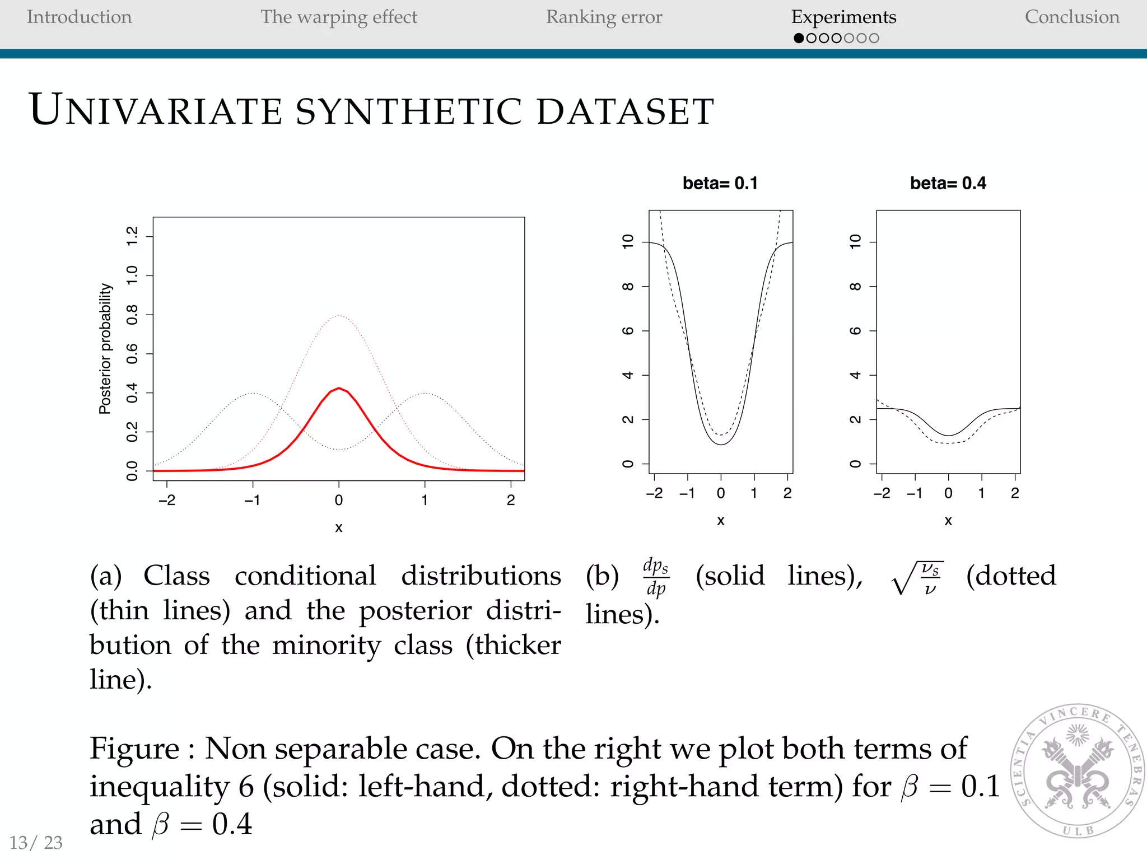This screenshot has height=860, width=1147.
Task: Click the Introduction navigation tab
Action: (x=79, y=17)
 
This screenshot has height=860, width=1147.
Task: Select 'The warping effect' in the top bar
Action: (x=339, y=17)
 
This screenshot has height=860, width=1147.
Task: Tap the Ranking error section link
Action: (x=604, y=17)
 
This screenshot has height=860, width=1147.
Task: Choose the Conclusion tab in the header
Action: (x=1072, y=17)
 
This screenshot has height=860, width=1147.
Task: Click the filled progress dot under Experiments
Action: (x=799, y=38)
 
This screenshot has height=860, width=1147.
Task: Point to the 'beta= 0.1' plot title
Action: (x=720, y=183)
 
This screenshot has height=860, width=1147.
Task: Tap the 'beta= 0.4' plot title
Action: (x=948, y=183)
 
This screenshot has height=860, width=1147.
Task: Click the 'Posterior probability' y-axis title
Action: (x=105, y=348)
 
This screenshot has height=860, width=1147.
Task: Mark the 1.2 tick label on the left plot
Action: (x=132, y=236)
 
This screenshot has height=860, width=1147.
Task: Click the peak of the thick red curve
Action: (x=339, y=387)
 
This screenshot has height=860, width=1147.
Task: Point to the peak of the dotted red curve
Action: (x=339, y=316)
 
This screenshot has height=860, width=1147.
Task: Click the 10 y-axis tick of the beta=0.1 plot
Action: (x=628, y=241)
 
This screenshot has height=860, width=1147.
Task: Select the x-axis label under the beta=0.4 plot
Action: (x=948, y=521)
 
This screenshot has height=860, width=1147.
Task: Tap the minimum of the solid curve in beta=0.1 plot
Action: (x=721, y=444)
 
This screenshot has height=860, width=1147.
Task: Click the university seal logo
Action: (x=1078, y=770)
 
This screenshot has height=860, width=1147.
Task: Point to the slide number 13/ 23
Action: (x=36, y=842)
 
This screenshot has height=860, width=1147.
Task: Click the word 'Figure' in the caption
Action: (x=134, y=749)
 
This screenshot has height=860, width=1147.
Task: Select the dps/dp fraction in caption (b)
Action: (x=656, y=577)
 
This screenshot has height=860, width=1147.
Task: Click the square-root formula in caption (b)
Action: (x=917, y=578)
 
